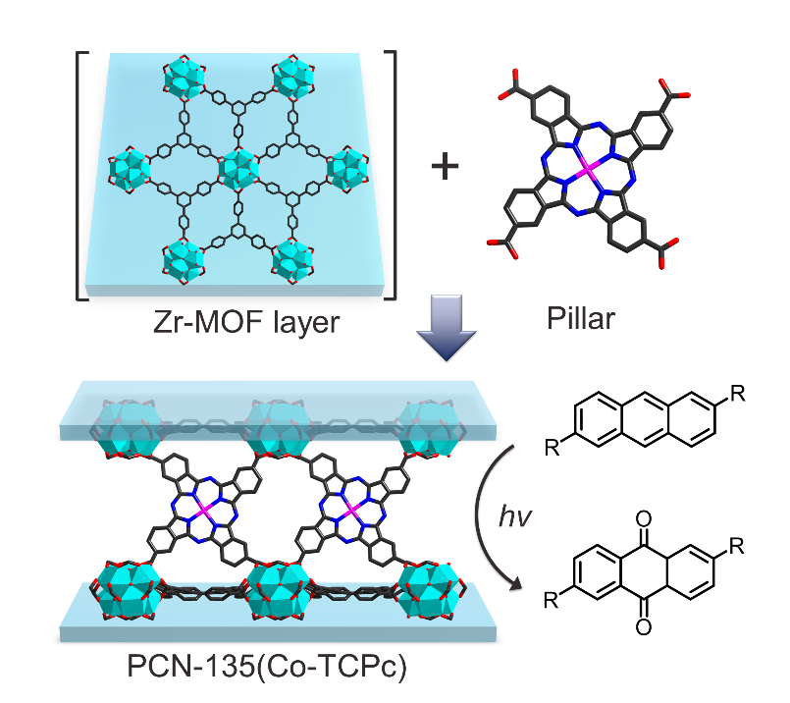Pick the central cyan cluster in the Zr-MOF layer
pos(237,170)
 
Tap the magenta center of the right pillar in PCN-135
pos(348,511)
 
